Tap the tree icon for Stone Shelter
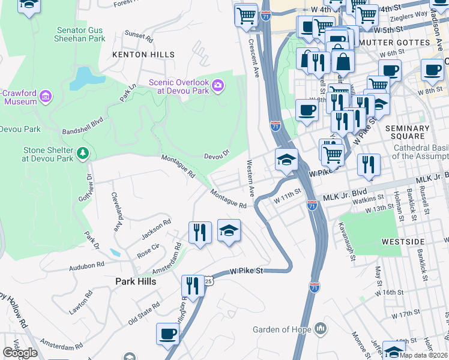83,154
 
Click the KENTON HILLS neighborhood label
143,55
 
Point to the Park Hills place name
136,281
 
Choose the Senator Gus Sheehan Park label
81,34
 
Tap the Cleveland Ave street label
115,212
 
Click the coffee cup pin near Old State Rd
167,334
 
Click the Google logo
20,353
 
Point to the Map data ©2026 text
423,355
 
